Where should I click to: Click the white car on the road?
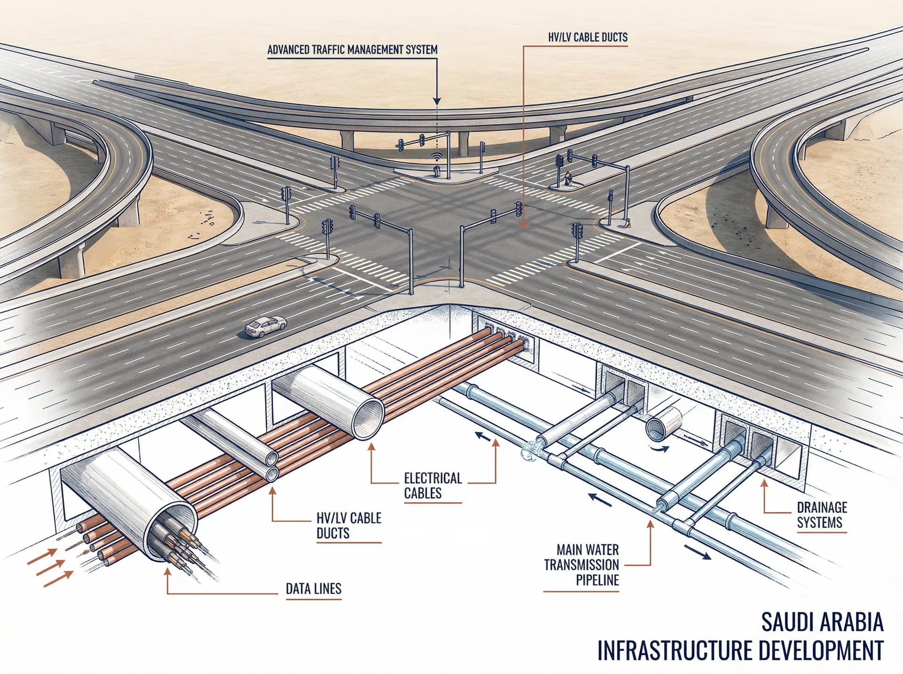(x=266, y=326)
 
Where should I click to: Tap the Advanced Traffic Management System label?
(x=352, y=50)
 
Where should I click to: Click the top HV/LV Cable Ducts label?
(x=587, y=38)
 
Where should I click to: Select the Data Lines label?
(x=313, y=589)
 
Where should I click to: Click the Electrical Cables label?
(x=433, y=486)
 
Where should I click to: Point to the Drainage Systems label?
(x=821, y=515)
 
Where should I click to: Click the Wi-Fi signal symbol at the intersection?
(x=437, y=157)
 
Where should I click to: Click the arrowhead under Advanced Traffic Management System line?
(x=437, y=101)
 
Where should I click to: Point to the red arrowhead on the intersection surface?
(x=523, y=226)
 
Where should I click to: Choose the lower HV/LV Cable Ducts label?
(x=349, y=525)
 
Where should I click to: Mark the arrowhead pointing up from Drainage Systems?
(x=764, y=483)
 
